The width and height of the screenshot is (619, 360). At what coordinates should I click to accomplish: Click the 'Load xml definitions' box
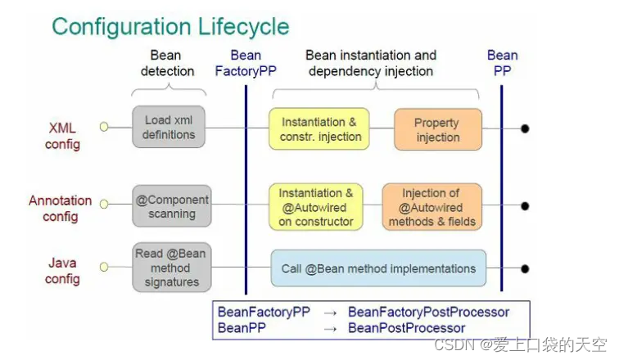169,127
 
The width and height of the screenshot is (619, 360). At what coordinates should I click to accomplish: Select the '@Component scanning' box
171,206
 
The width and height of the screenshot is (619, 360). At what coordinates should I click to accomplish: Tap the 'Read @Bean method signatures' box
171,268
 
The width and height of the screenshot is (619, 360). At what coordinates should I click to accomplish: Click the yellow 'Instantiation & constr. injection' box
319,128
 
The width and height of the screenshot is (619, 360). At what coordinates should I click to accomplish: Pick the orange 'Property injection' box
437,129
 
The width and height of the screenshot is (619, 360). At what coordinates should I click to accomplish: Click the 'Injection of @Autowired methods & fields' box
432,207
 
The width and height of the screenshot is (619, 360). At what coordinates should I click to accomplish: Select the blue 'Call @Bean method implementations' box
378,268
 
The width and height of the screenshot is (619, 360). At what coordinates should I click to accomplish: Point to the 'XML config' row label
63,136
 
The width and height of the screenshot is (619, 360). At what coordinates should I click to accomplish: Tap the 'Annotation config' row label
61,208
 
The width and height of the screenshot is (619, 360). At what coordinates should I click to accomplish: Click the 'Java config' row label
62,272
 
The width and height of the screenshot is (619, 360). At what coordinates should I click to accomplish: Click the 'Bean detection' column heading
168,63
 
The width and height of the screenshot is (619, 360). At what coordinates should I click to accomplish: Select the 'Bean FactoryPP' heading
246,63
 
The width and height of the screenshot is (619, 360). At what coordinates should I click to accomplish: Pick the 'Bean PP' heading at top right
502,63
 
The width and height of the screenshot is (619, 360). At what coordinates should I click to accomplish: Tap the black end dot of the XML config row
525,128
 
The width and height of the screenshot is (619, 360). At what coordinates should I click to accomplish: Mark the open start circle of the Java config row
103,268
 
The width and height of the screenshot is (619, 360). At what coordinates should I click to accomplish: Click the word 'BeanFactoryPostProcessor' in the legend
428,312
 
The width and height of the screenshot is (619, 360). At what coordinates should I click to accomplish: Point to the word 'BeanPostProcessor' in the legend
406,327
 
